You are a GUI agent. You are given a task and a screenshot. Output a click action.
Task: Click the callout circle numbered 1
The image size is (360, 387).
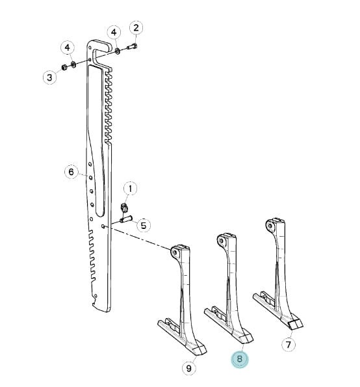(130, 189)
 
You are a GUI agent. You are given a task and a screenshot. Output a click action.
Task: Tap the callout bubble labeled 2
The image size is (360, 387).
(136, 28)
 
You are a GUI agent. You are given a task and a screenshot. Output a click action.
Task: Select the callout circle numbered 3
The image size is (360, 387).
(49, 77)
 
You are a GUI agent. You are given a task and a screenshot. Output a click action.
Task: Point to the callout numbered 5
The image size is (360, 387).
(143, 225)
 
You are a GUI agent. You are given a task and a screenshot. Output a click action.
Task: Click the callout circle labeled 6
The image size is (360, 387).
(71, 172)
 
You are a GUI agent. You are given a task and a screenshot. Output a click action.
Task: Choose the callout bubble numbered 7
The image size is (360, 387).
(289, 344)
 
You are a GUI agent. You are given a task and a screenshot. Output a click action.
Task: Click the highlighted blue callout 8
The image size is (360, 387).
(239, 358)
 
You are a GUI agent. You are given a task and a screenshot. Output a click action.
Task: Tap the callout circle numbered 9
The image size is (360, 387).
(189, 368)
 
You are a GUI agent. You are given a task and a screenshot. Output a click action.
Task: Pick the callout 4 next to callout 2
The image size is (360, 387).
(114, 33)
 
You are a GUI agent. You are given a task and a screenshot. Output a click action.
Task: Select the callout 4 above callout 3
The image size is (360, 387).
(68, 47)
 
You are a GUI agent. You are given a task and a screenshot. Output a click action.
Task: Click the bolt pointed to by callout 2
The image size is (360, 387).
(132, 46)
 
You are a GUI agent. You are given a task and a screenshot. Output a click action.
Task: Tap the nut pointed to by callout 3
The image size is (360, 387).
(64, 67)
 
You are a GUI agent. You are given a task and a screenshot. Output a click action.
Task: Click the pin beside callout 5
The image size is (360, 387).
(126, 219)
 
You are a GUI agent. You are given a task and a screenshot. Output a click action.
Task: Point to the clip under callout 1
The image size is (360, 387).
(124, 207)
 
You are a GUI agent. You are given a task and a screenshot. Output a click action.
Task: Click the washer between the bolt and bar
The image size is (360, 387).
(118, 51)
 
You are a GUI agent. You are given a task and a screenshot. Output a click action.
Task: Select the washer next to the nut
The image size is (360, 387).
(73, 64)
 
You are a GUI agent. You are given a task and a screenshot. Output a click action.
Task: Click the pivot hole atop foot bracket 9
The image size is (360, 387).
(175, 252)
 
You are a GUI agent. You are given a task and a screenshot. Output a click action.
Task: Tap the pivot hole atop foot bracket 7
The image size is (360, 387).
(270, 226)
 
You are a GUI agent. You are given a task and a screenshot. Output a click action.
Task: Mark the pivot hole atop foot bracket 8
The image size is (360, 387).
(222, 241)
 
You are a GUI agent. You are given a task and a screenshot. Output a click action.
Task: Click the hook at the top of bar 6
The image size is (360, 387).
(100, 47)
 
